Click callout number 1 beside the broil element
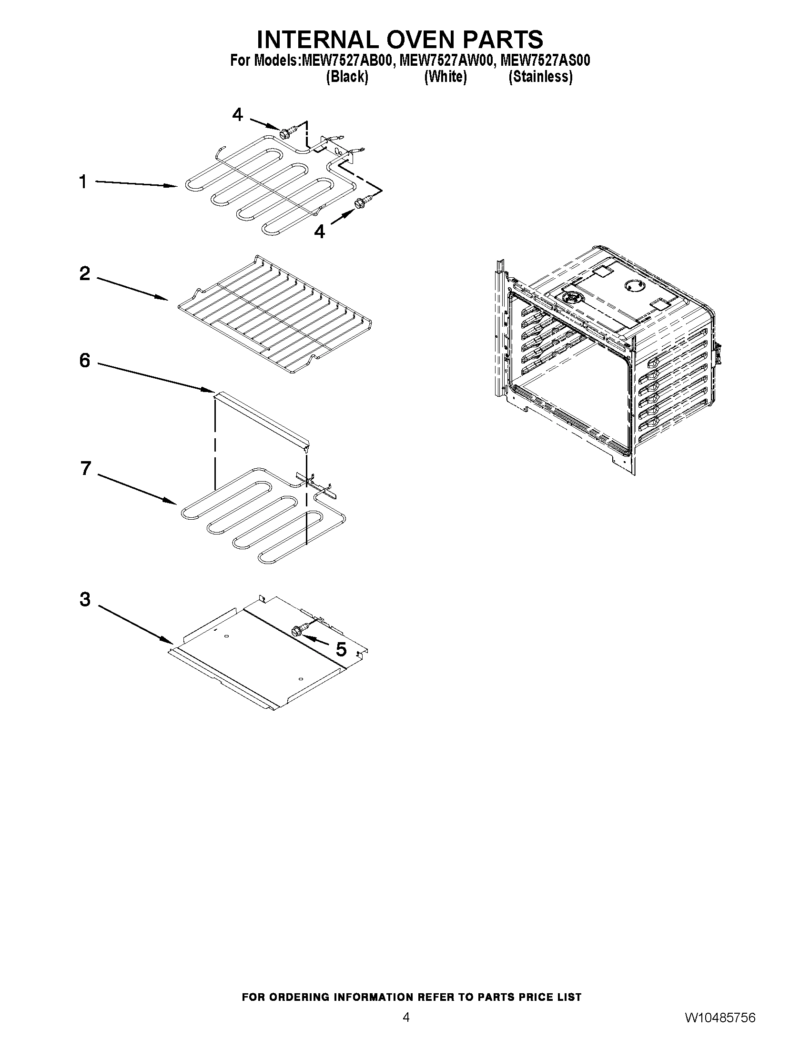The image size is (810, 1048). pyautogui.click(x=83, y=182)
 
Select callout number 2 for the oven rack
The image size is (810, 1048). pyautogui.click(x=84, y=274)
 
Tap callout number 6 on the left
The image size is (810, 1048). pyautogui.click(x=84, y=360)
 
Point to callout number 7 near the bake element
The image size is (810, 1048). pyautogui.click(x=85, y=468)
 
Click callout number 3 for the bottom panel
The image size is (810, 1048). pyautogui.click(x=85, y=599)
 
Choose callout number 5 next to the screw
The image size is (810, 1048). pyautogui.click(x=341, y=649)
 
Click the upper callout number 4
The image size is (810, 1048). pyautogui.click(x=238, y=115)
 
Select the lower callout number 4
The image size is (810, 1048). pyautogui.click(x=319, y=232)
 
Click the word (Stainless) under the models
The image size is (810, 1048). pyautogui.click(x=540, y=77)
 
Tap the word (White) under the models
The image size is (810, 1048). pyautogui.click(x=445, y=77)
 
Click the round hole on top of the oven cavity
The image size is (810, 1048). pyautogui.click(x=632, y=286)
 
